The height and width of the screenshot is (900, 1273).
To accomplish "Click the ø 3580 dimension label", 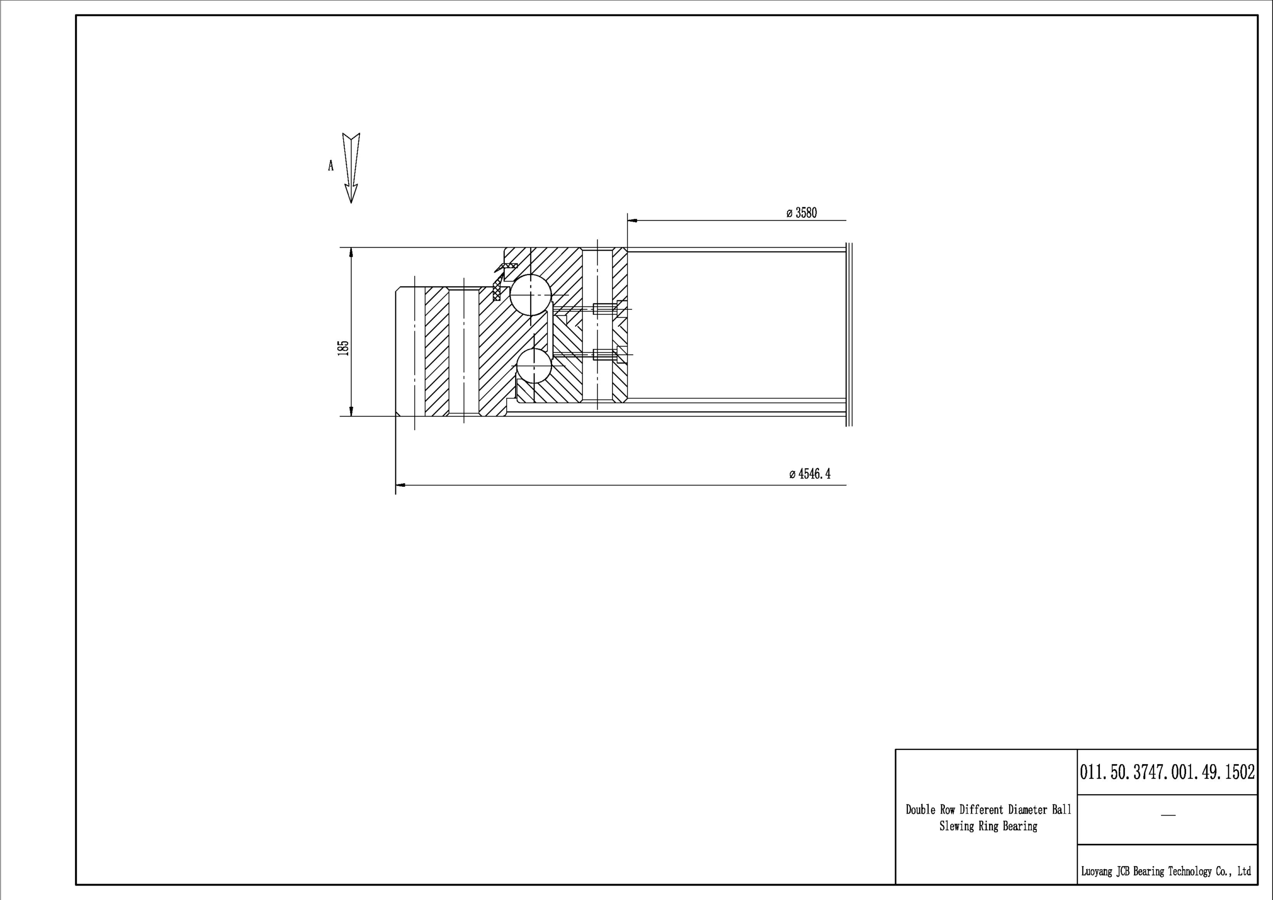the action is click(x=801, y=213).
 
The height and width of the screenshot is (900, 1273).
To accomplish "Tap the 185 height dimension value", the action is click(x=343, y=348).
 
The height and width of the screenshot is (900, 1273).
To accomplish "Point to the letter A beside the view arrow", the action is click(x=331, y=165).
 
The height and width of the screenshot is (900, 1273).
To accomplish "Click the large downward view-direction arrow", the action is click(x=351, y=168).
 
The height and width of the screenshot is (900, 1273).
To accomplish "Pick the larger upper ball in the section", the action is click(x=531, y=295).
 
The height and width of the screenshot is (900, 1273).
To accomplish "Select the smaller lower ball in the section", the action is click(x=534, y=366).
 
